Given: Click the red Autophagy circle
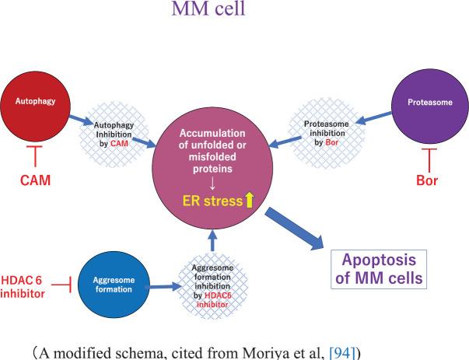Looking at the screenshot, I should click(38, 103).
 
